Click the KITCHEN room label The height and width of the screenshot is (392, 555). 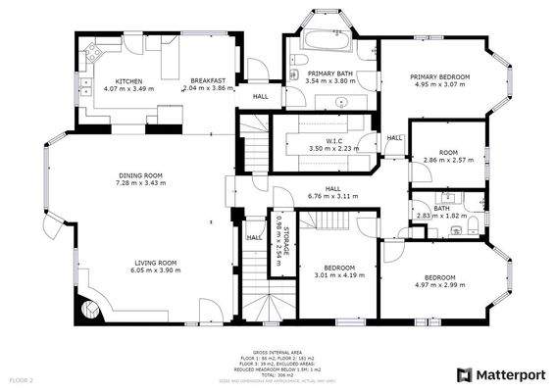129,80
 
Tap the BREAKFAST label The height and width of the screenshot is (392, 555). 208,80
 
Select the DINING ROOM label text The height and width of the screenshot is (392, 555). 140,175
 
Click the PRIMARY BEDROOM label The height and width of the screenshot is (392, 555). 440,76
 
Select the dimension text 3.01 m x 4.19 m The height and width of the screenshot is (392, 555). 325,275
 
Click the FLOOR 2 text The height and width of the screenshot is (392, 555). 22,378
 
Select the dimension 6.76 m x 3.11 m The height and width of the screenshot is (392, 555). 332,196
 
